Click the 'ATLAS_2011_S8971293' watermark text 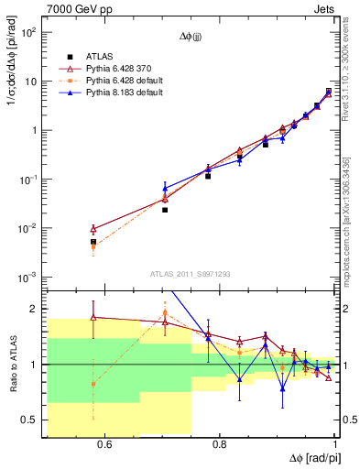pos(191,273)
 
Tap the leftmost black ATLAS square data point pos(93,242)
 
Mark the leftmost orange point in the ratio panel pos(93,384)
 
